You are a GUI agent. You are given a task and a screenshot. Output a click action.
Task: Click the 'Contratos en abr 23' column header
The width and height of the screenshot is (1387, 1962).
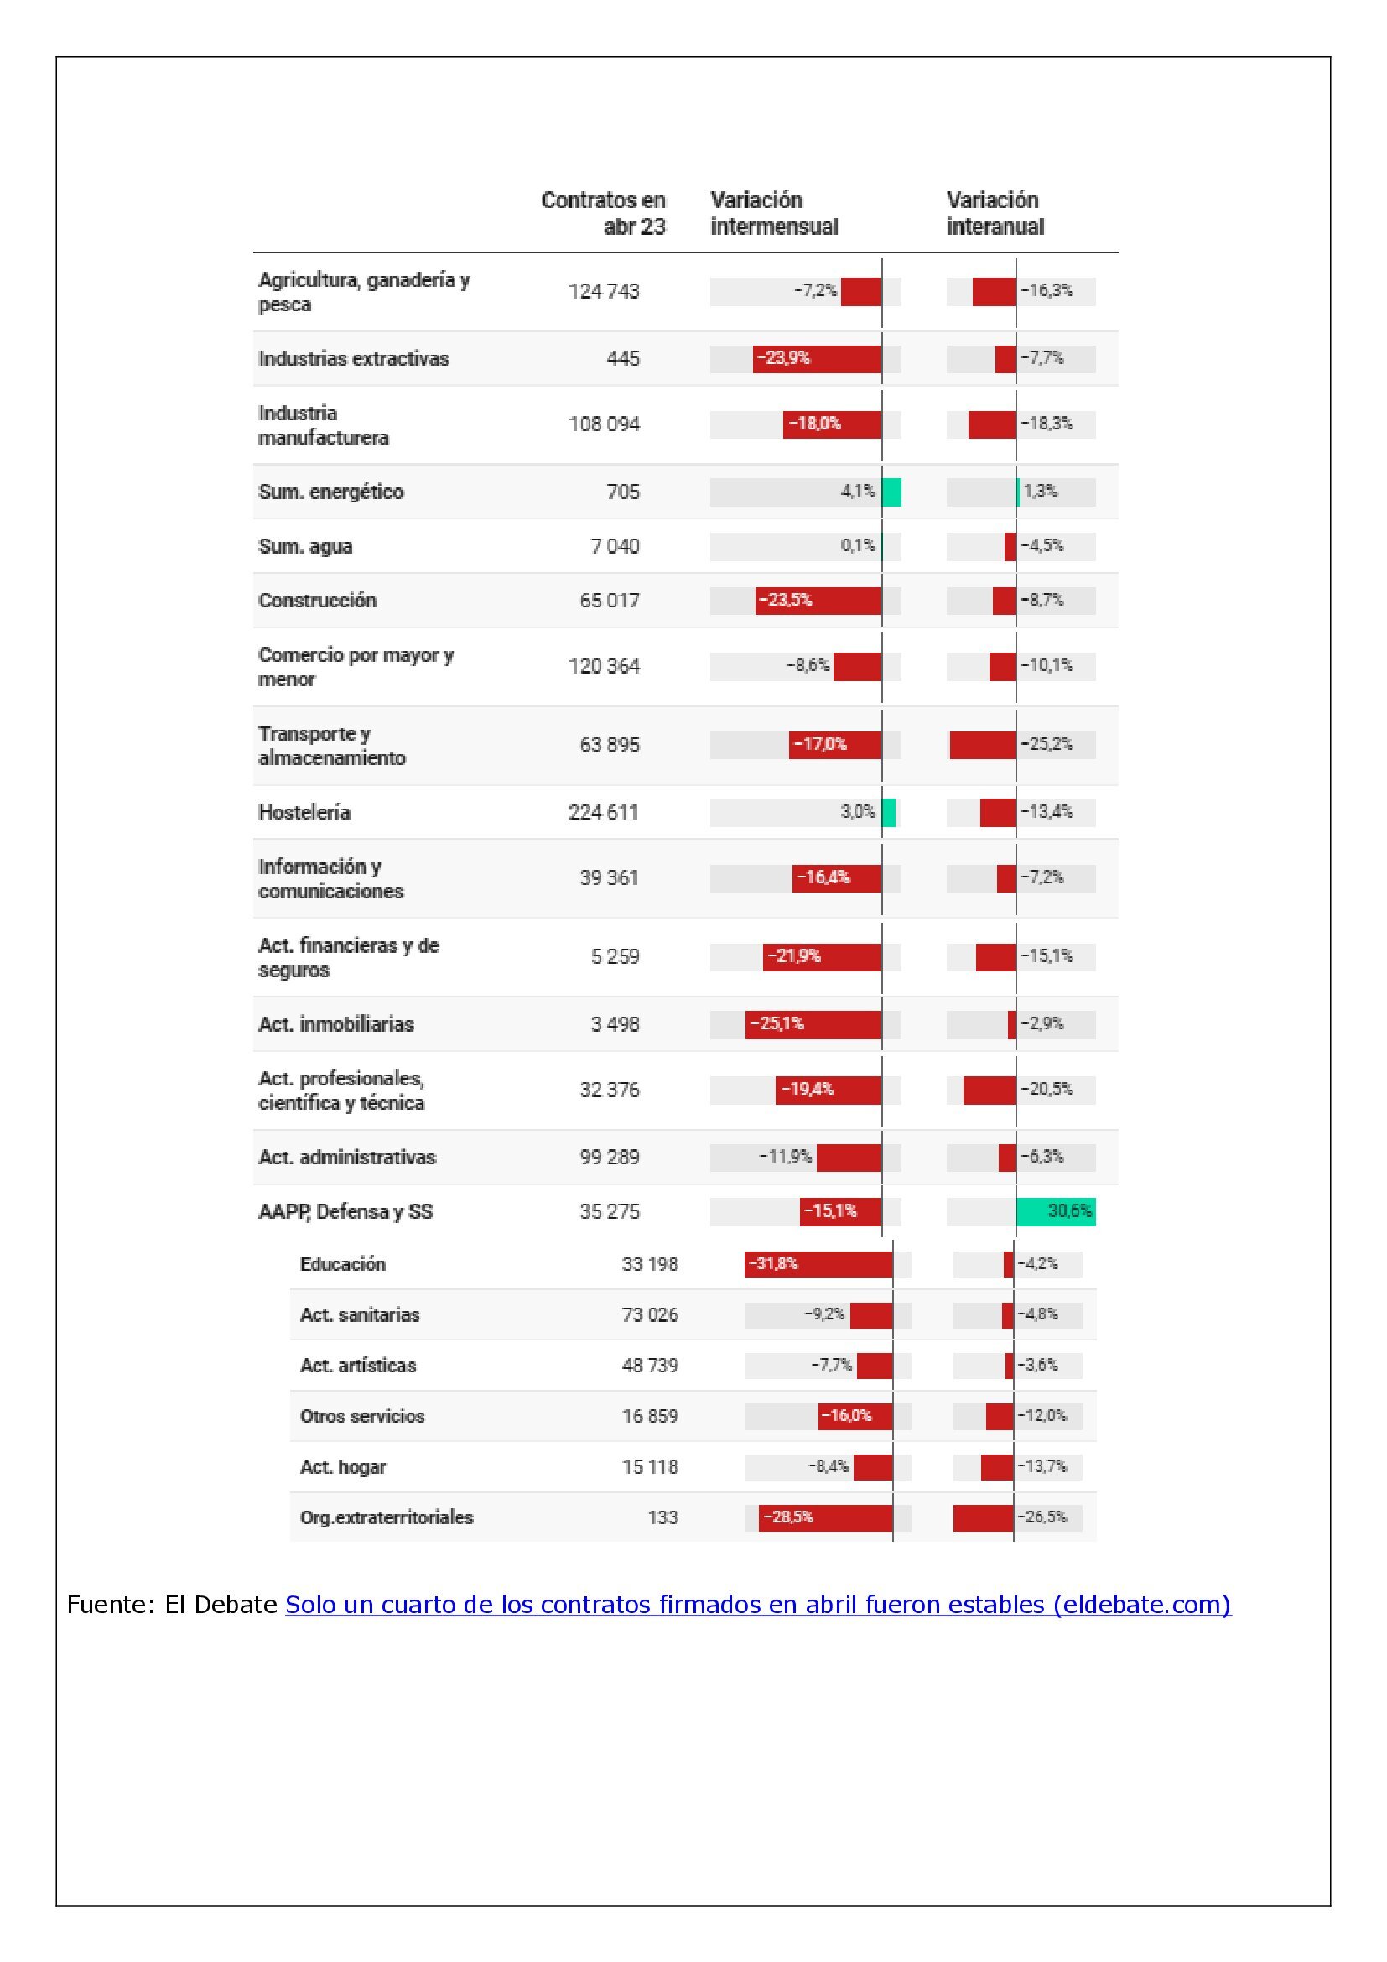(603, 213)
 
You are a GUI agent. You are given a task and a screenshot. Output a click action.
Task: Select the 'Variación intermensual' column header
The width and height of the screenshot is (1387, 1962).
(774, 213)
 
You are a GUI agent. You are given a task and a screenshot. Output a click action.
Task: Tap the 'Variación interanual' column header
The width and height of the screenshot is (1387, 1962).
(995, 213)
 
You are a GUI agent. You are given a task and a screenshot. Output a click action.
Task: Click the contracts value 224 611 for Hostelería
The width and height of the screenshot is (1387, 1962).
(604, 812)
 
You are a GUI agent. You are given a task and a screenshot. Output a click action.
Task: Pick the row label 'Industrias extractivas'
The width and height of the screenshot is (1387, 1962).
(354, 359)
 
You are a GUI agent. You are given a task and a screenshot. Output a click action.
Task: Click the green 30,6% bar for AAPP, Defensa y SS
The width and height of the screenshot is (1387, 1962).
(1056, 1211)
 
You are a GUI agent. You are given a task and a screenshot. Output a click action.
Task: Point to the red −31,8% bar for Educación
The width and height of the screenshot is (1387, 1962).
(818, 1264)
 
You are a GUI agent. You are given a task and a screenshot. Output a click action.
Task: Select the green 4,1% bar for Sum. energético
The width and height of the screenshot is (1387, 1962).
(891, 492)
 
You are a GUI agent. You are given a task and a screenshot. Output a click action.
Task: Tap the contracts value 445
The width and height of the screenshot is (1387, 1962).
(622, 359)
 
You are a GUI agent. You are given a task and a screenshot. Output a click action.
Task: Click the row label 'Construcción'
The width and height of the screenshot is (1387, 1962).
(317, 601)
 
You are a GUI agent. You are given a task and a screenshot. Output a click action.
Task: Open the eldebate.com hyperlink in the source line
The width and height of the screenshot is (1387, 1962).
(757, 1605)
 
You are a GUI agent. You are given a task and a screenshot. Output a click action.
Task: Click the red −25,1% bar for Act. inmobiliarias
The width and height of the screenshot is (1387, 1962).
(813, 1023)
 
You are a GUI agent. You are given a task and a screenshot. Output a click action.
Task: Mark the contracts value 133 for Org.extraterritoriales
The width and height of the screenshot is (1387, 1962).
(662, 1517)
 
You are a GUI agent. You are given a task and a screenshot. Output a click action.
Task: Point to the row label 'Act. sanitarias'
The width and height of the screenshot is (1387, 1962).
(360, 1315)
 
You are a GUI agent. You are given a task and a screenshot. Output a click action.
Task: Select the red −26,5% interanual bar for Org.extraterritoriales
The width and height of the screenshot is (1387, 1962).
(983, 1517)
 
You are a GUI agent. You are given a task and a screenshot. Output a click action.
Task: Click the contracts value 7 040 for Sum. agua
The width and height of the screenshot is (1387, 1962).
(615, 546)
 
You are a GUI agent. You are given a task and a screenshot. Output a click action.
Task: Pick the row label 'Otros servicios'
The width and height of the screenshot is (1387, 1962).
(362, 1416)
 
